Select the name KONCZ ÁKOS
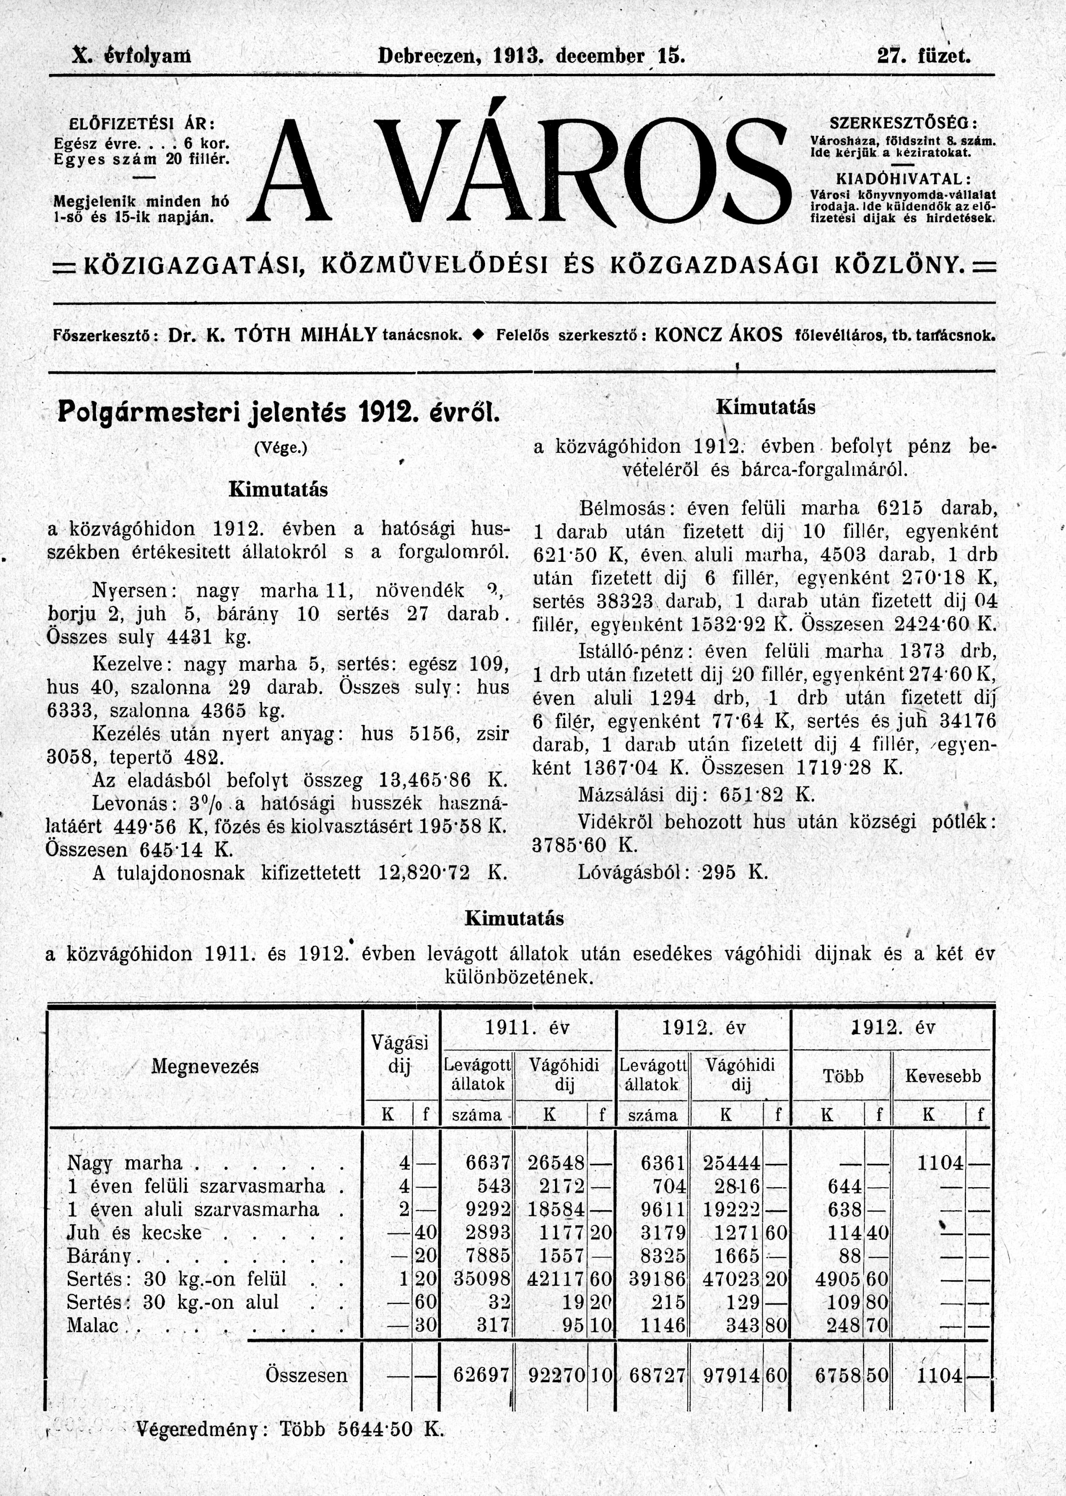(719, 336)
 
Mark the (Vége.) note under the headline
(280, 448)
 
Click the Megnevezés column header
(205, 1066)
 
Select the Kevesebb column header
(943, 1076)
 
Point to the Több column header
(843, 1076)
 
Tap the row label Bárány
(99, 1256)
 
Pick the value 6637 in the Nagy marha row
(488, 1163)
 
